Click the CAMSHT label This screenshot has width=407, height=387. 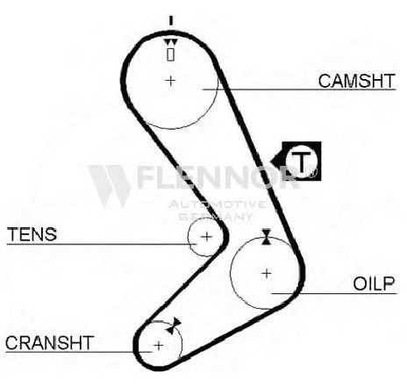[356, 81]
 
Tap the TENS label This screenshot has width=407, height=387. [32, 234]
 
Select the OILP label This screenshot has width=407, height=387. [374, 283]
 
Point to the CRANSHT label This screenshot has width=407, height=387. [49, 343]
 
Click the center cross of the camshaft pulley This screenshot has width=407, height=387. [170, 81]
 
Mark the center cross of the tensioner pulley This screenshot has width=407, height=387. [207, 236]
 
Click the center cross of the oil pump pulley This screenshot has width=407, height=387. [267, 274]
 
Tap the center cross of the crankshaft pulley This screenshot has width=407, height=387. [159, 346]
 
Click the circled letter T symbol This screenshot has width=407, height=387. [301, 161]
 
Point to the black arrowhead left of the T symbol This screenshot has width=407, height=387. [276, 161]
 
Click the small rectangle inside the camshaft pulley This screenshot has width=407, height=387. [171, 54]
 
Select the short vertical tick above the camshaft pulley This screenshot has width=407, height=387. [171, 21]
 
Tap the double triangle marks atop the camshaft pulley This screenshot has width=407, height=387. [170, 42]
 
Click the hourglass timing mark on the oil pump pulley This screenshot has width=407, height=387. [266, 237]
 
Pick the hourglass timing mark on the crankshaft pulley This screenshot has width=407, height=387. [174, 326]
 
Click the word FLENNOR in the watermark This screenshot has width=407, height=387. [218, 176]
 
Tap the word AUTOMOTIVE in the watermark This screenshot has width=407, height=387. [218, 204]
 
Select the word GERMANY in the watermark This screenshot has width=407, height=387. [216, 217]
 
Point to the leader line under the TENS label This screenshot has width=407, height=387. [102, 244]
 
